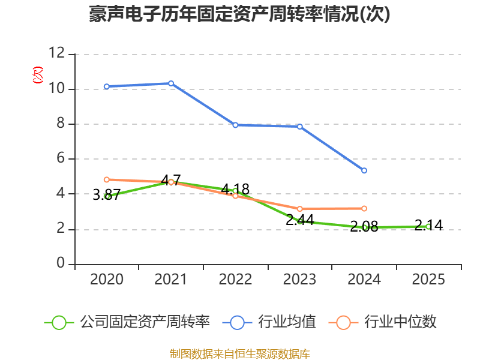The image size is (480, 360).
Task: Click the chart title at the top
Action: click(239, 14)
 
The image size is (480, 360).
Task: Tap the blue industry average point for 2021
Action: click(171, 83)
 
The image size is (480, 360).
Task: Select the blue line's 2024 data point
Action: click(364, 171)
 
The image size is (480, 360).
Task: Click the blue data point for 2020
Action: click(106, 86)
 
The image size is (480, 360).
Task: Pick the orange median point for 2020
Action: click(106, 179)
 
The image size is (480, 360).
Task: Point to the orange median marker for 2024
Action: click(364, 208)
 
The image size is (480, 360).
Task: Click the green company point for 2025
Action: click(428, 226)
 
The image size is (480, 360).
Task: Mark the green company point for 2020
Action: click(107, 196)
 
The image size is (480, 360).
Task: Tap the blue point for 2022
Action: click(235, 125)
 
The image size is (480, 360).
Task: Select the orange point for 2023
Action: click(299, 209)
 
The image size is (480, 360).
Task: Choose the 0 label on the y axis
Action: click(61, 264)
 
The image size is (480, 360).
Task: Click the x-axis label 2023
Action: click(299, 280)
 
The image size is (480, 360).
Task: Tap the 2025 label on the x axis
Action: click(428, 280)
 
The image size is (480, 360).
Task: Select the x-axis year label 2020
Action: click(106, 280)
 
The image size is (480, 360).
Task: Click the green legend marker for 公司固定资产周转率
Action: click(59, 322)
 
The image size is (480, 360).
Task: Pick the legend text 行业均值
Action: click(287, 322)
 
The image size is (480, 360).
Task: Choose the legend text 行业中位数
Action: click(401, 322)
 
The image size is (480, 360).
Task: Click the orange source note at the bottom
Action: click(239, 353)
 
